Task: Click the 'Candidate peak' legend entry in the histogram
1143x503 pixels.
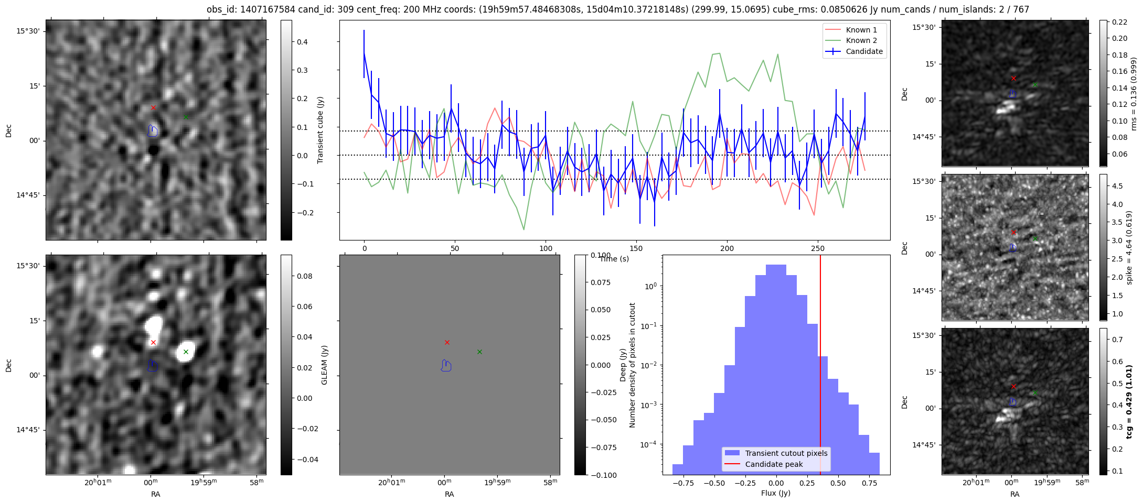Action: pos(774,464)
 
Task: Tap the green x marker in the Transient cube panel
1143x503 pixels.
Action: pos(186,117)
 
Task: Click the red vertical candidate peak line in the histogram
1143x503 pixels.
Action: pos(820,367)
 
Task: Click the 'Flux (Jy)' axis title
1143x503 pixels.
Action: pos(775,493)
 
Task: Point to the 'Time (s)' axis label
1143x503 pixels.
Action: pos(614,259)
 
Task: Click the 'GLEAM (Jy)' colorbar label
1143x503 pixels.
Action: pos(324,365)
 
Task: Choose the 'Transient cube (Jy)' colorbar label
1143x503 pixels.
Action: pos(320,130)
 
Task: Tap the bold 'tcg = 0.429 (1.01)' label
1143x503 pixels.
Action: pos(1129,401)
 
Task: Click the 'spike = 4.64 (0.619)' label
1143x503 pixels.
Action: pos(1129,247)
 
